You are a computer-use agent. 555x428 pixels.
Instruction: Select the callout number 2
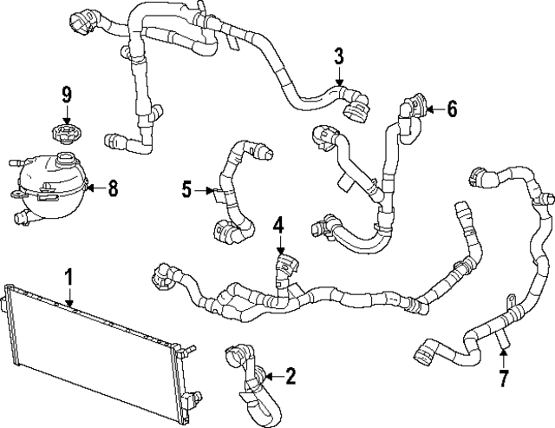(290, 376)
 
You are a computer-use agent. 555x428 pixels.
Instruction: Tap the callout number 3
(339, 57)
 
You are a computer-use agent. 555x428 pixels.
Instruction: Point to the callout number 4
(277, 227)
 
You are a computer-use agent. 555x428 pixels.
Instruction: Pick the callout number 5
(186, 188)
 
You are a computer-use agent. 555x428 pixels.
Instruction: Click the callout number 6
(452, 109)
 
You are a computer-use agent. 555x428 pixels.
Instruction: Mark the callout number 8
(113, 187)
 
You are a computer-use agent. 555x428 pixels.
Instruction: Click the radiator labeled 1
(95, 347)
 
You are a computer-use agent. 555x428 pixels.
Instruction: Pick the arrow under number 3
(340, 76)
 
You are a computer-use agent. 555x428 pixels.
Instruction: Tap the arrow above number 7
(504, 356)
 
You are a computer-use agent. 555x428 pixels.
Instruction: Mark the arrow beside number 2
(271, 376)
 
